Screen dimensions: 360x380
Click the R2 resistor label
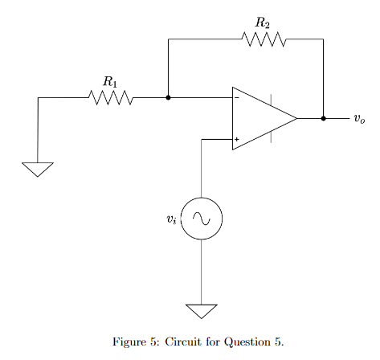263,22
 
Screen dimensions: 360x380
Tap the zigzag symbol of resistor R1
111,97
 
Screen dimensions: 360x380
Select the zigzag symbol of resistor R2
264,39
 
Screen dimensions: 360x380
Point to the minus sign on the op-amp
236,98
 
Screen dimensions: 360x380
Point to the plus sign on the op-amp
236,140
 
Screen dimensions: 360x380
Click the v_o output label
358,119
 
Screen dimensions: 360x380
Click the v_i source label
170,218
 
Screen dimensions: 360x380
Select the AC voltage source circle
201,218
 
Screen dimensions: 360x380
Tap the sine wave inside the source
201,218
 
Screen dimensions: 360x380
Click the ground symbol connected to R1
38,169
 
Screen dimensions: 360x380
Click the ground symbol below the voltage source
201,310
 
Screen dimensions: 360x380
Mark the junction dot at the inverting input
168,97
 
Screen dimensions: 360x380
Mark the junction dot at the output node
323,118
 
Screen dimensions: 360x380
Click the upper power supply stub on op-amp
271,100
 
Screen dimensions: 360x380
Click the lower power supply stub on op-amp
271,137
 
